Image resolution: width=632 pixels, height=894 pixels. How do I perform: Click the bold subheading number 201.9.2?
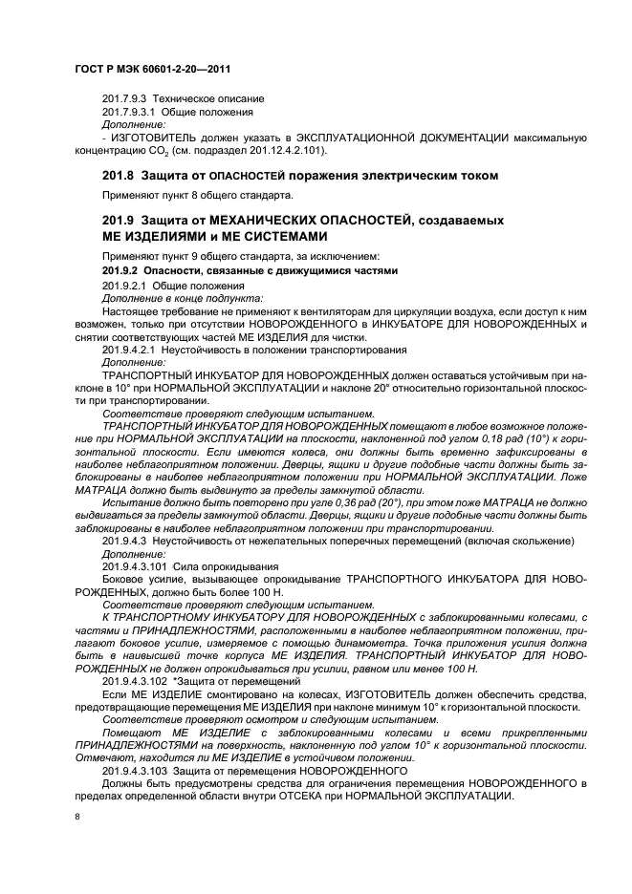(121, 270)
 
